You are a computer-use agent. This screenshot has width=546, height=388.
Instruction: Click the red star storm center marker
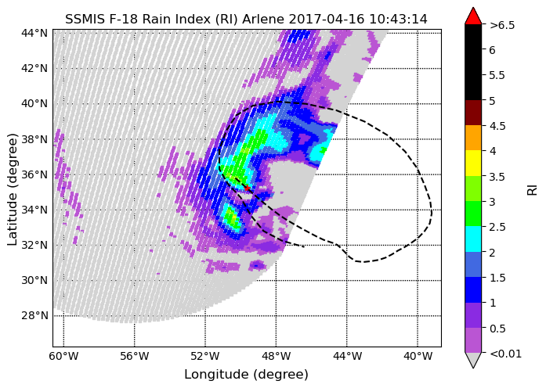[248, 188]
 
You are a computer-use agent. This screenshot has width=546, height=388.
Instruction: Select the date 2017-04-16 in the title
[327, 19]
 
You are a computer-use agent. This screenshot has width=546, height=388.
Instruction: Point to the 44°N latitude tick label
[34, 33]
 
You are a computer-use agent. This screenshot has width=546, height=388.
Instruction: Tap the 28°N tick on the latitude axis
[34, 316]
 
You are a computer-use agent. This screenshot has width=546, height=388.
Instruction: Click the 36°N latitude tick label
[34, 174]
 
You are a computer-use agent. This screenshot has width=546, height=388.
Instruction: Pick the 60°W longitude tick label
[63, 357]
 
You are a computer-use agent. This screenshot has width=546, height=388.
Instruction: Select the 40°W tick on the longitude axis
[418, 357]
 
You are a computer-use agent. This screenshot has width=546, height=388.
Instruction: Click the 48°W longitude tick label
[276, 357]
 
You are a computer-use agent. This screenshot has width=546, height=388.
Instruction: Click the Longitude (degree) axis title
[246, 375]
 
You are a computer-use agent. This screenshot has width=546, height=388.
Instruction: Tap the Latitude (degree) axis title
[13, 189]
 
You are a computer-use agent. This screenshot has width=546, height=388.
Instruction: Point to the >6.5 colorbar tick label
[502, 25]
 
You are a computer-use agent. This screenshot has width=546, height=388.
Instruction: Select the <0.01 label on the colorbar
[505, 354]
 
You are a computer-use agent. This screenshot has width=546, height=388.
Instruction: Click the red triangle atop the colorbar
[473, 16]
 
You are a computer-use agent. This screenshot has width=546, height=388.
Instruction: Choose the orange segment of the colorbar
[473, 138]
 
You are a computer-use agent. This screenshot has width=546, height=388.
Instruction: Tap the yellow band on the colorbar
[473, 163]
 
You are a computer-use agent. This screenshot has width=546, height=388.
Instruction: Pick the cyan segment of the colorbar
[473, 239]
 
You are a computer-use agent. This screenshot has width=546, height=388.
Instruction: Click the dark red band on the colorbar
[473, 113]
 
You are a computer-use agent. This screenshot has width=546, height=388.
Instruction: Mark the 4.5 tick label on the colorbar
[497, 126]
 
